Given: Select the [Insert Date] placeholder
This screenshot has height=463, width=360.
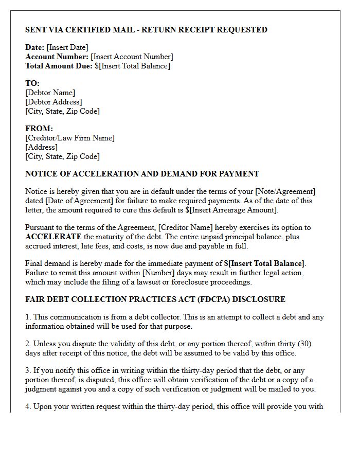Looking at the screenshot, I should tap(67, 48).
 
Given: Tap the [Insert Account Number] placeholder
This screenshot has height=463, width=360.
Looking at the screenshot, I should tap(132, 57).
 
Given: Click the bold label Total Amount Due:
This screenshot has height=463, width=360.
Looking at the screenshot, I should tap(59, 66).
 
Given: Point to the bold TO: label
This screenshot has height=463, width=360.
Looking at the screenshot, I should tap(32, 83).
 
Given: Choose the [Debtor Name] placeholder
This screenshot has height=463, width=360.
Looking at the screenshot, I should tap(50, 93).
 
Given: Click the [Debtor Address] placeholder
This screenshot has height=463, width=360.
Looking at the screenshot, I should tap(53, 102).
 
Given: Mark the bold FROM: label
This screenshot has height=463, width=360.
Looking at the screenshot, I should tap(39, 129).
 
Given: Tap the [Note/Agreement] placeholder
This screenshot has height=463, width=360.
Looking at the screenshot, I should tap(285, 192).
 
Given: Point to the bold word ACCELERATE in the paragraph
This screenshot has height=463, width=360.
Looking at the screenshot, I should tap(53, 237).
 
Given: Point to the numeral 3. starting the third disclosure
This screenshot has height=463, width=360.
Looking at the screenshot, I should tap(28, 371).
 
